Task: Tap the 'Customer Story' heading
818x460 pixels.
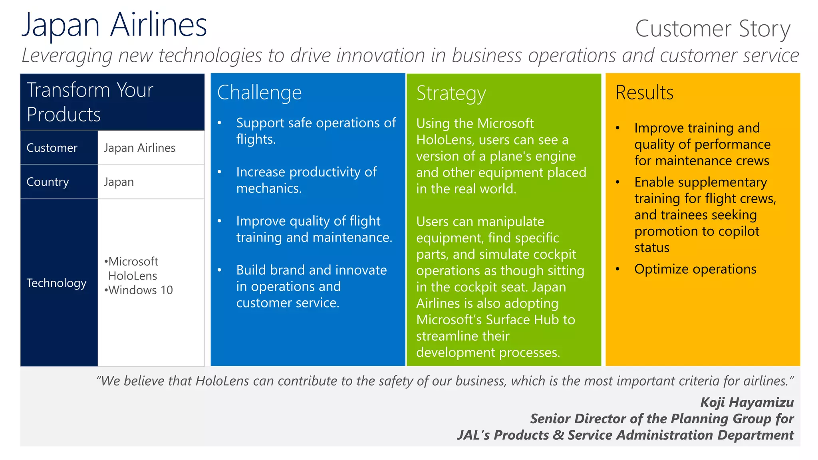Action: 713,29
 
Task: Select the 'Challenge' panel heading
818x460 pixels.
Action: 259,93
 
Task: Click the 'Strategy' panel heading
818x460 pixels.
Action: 451,93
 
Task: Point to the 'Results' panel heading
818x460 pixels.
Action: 644,93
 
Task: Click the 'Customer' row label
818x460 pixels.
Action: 52,148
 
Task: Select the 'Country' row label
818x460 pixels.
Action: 48,182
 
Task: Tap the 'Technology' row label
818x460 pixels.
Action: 56,283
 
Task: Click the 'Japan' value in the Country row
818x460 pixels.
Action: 119,182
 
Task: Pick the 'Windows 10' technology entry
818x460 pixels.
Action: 140,290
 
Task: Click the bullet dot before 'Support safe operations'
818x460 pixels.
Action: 219,123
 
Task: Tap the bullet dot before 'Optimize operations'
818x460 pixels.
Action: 617,269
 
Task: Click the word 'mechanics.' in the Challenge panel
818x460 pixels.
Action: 269,188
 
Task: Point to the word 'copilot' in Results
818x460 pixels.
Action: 735,231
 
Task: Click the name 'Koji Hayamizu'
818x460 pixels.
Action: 747,402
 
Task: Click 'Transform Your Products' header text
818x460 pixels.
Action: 90,102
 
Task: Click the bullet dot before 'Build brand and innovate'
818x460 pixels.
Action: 219,270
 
